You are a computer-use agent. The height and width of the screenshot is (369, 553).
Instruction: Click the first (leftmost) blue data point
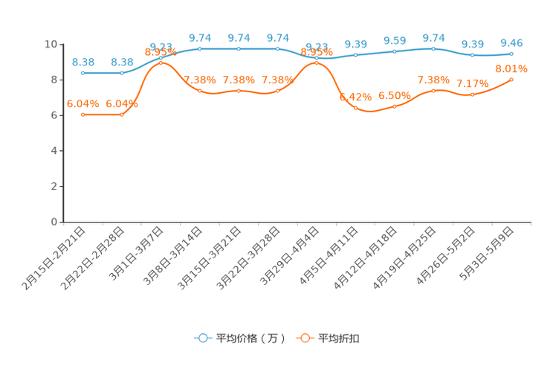(x=83, y=73)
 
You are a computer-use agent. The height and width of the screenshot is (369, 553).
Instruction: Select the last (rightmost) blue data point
(x=511, y=54)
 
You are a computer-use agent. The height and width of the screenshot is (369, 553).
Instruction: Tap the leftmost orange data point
(x=83, y=115)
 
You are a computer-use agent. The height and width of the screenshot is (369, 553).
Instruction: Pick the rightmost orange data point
(x=511, y=79)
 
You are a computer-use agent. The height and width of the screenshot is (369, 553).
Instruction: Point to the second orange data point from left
(x=121, y=115)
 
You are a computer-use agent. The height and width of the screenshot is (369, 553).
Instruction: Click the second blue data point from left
(x=121, y=73)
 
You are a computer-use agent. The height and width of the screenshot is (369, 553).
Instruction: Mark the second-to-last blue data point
(x=472, y=55)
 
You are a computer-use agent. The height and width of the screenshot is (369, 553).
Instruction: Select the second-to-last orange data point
(x=472, y=94)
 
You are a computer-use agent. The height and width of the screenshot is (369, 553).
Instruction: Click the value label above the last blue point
(x=511, y=42)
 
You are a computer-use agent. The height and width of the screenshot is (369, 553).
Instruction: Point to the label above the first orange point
(x=83, y=104)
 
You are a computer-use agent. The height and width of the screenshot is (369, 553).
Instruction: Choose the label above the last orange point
(x=511, y=68)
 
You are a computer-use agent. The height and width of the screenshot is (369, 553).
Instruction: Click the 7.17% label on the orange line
(x=472, y=83)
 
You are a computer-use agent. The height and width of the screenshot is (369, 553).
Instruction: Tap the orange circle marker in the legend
(x=305, y=338)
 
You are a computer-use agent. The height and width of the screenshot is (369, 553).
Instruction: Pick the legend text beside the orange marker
(x=339, y=338)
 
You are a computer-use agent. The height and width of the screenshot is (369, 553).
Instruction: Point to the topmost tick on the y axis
(x=61, y=44)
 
